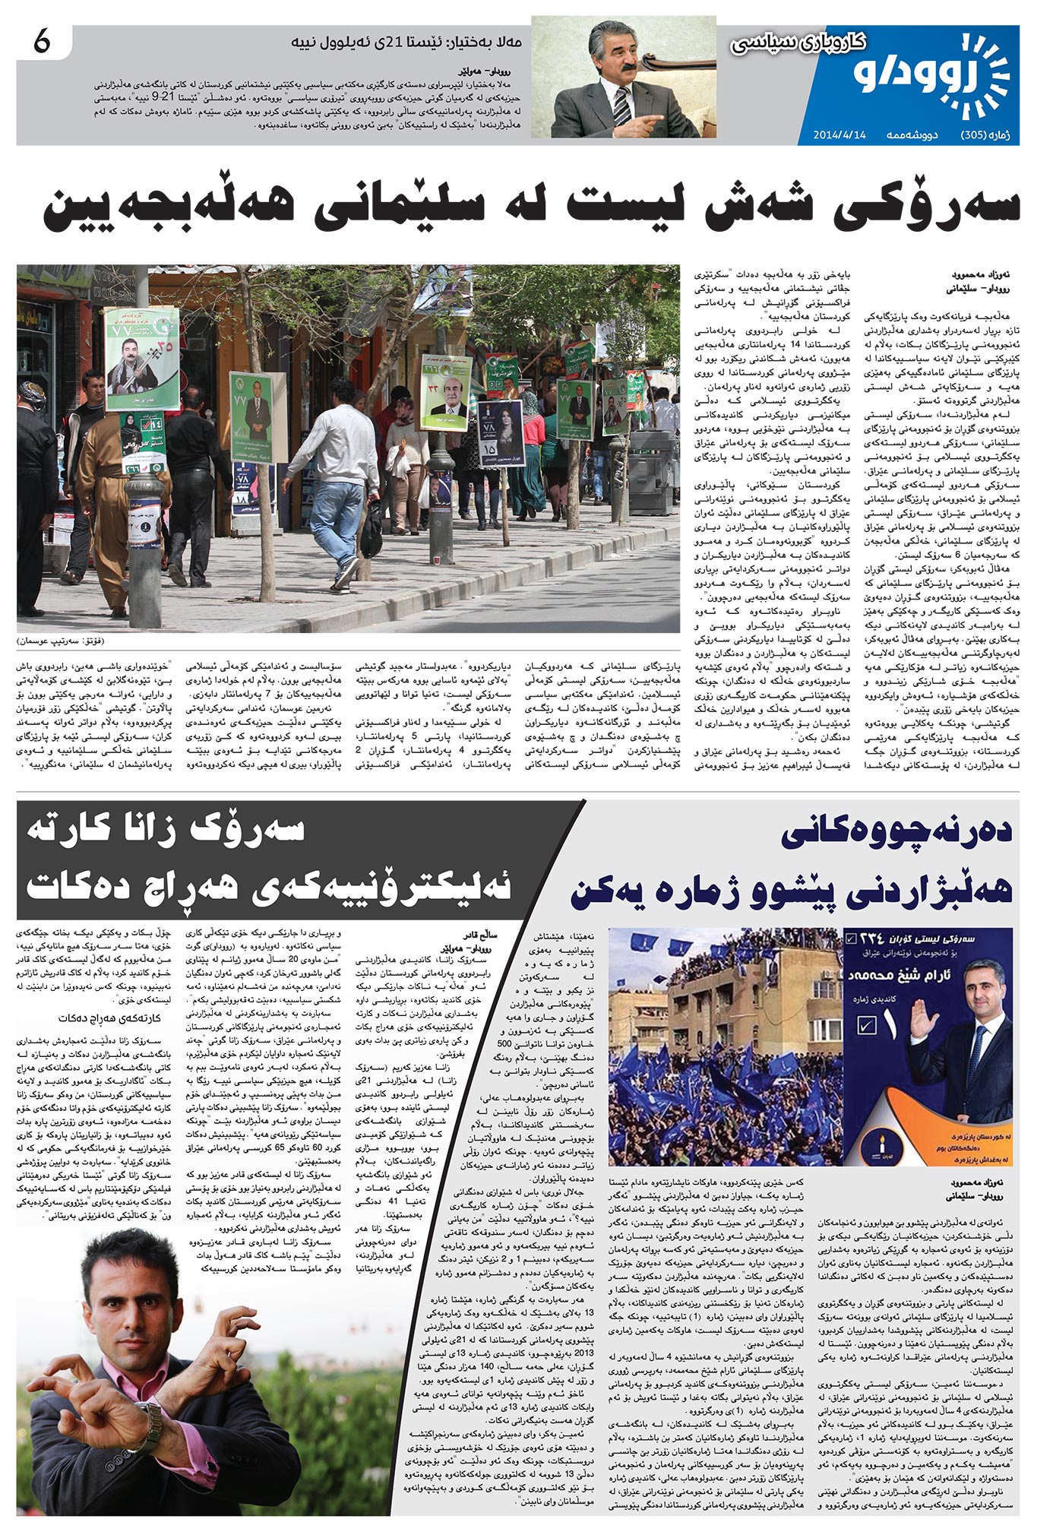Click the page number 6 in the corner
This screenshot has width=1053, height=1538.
coord(42,43)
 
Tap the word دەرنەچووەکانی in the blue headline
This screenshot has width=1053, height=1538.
coord(896,833)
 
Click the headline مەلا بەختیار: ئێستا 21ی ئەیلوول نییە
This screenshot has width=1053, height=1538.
coord(409,41)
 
